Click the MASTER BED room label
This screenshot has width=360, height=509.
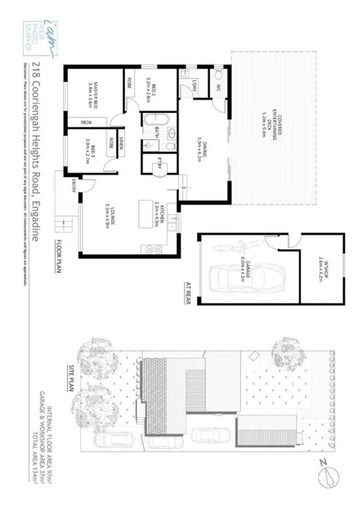coord(93,92)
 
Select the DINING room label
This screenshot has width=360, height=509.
coord(199,147)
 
